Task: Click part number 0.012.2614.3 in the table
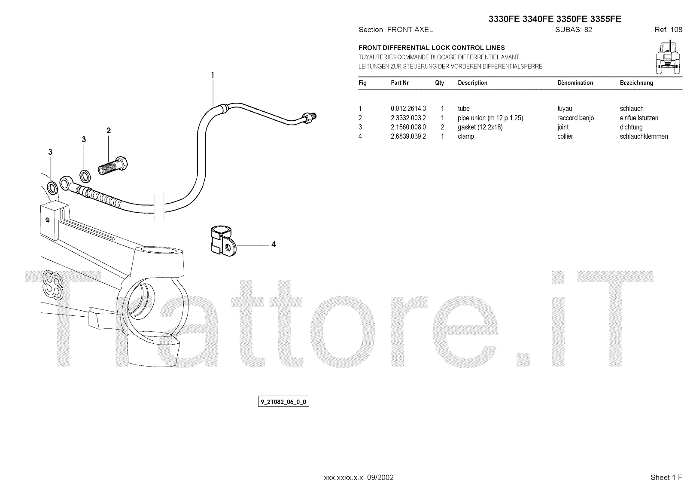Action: pyautogui.click(x=408, y=109)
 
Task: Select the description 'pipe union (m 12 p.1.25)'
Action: pyautogui.click(x=490, y=118)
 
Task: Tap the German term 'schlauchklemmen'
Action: pyautogui.click(x=644, y=137)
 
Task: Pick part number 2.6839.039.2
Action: pyautogui.click(x=408, y=137)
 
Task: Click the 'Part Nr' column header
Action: pyautogui.click(x=399, y=83)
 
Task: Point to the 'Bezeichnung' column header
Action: pyautogui.click(x=636, y=83)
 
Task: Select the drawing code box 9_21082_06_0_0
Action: pyautogui.click(x=283, y=402)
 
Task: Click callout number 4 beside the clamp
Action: pyautogui.click(x=274, y=245)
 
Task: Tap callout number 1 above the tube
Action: pyautogui.click(x=213, y=76)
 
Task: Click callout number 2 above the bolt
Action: pyautogui.click(x=109, y=131)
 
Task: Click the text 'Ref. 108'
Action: pyautogui.click(x=668, y=30)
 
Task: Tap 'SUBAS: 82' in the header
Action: pyautogui.click(x=573, y=30)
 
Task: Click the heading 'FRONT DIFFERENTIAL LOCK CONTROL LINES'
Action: pyautogui.click(x=432, y=48)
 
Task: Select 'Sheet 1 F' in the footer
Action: pyautogui.click(x=666, y=477)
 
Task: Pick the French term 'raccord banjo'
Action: pyautogui.click(x=575, y=118)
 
